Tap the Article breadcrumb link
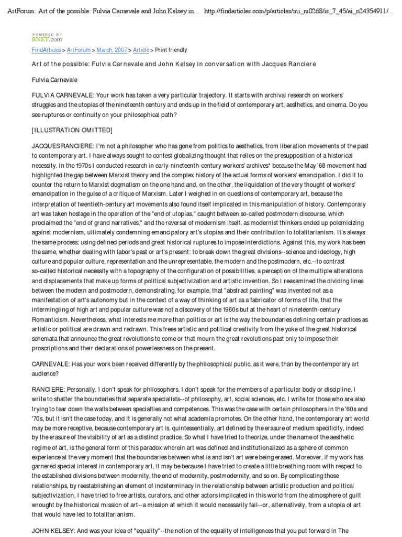pyautogui.click(x=141, y=50)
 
